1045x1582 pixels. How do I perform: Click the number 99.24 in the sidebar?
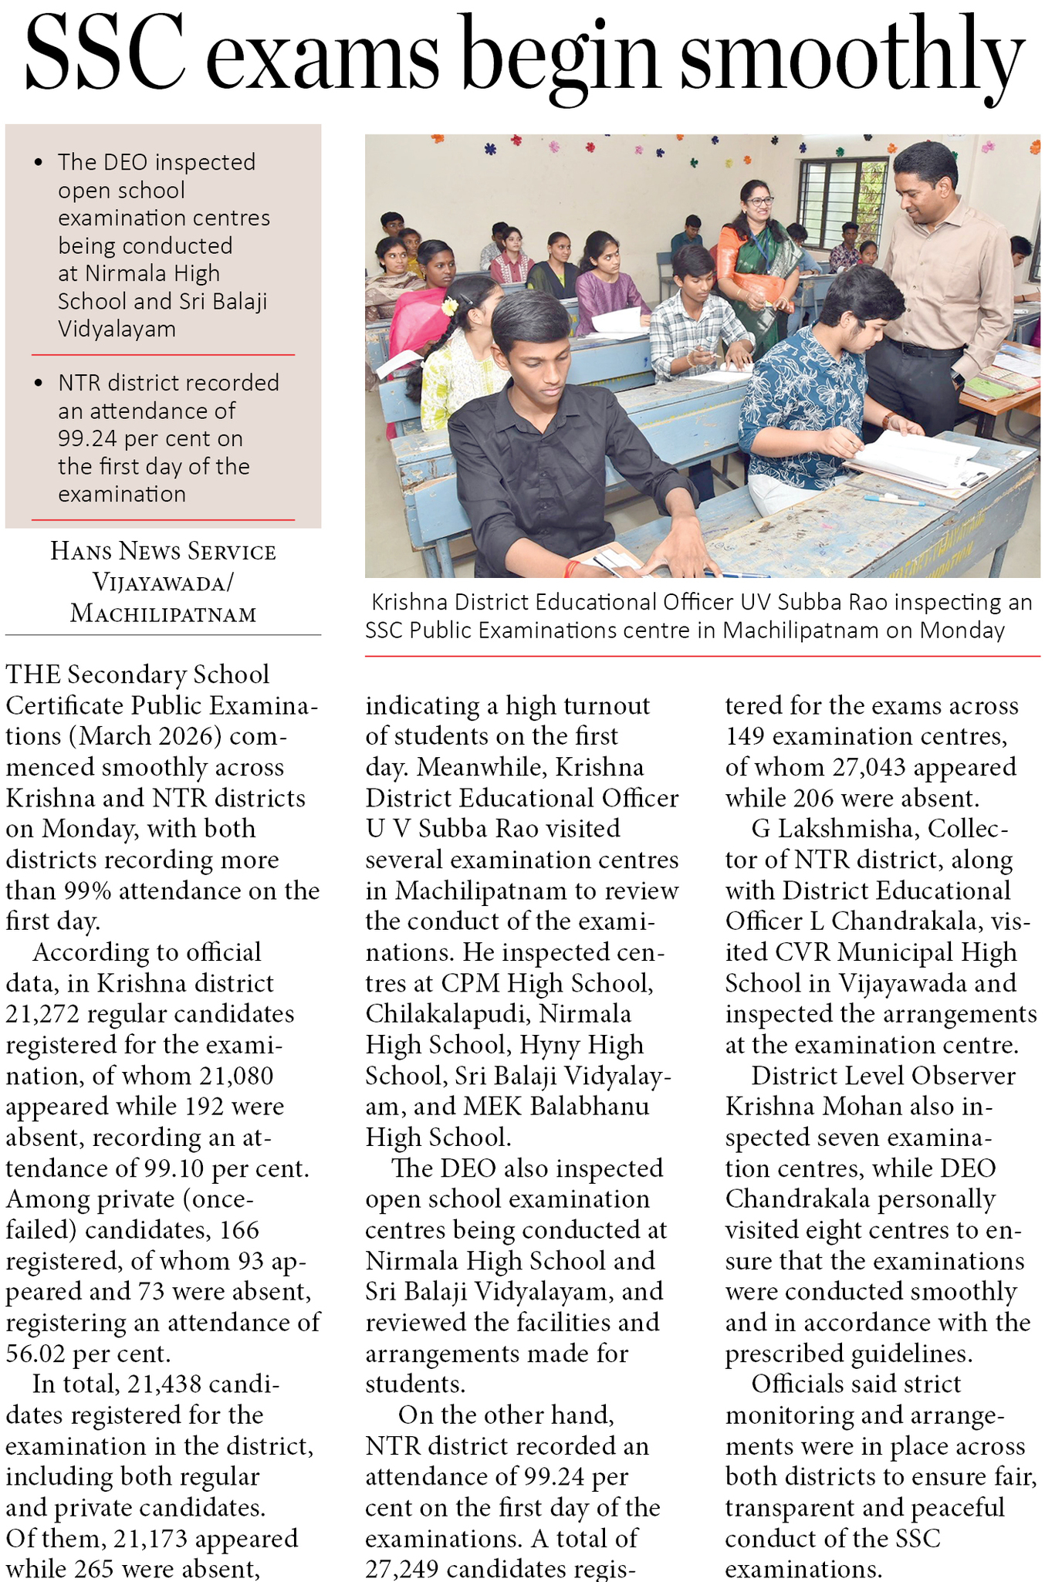[x=88, y=438]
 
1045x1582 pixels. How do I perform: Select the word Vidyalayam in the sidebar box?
[x=117, y=329]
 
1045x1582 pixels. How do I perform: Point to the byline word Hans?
[x=81, y=551]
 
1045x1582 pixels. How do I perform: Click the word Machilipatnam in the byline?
[x=163, y=614]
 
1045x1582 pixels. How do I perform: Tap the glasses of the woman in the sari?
[x=759, y=201]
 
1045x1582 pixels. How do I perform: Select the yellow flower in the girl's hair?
[x=449, y=306]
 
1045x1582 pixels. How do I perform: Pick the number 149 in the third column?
[x=746, y=736]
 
